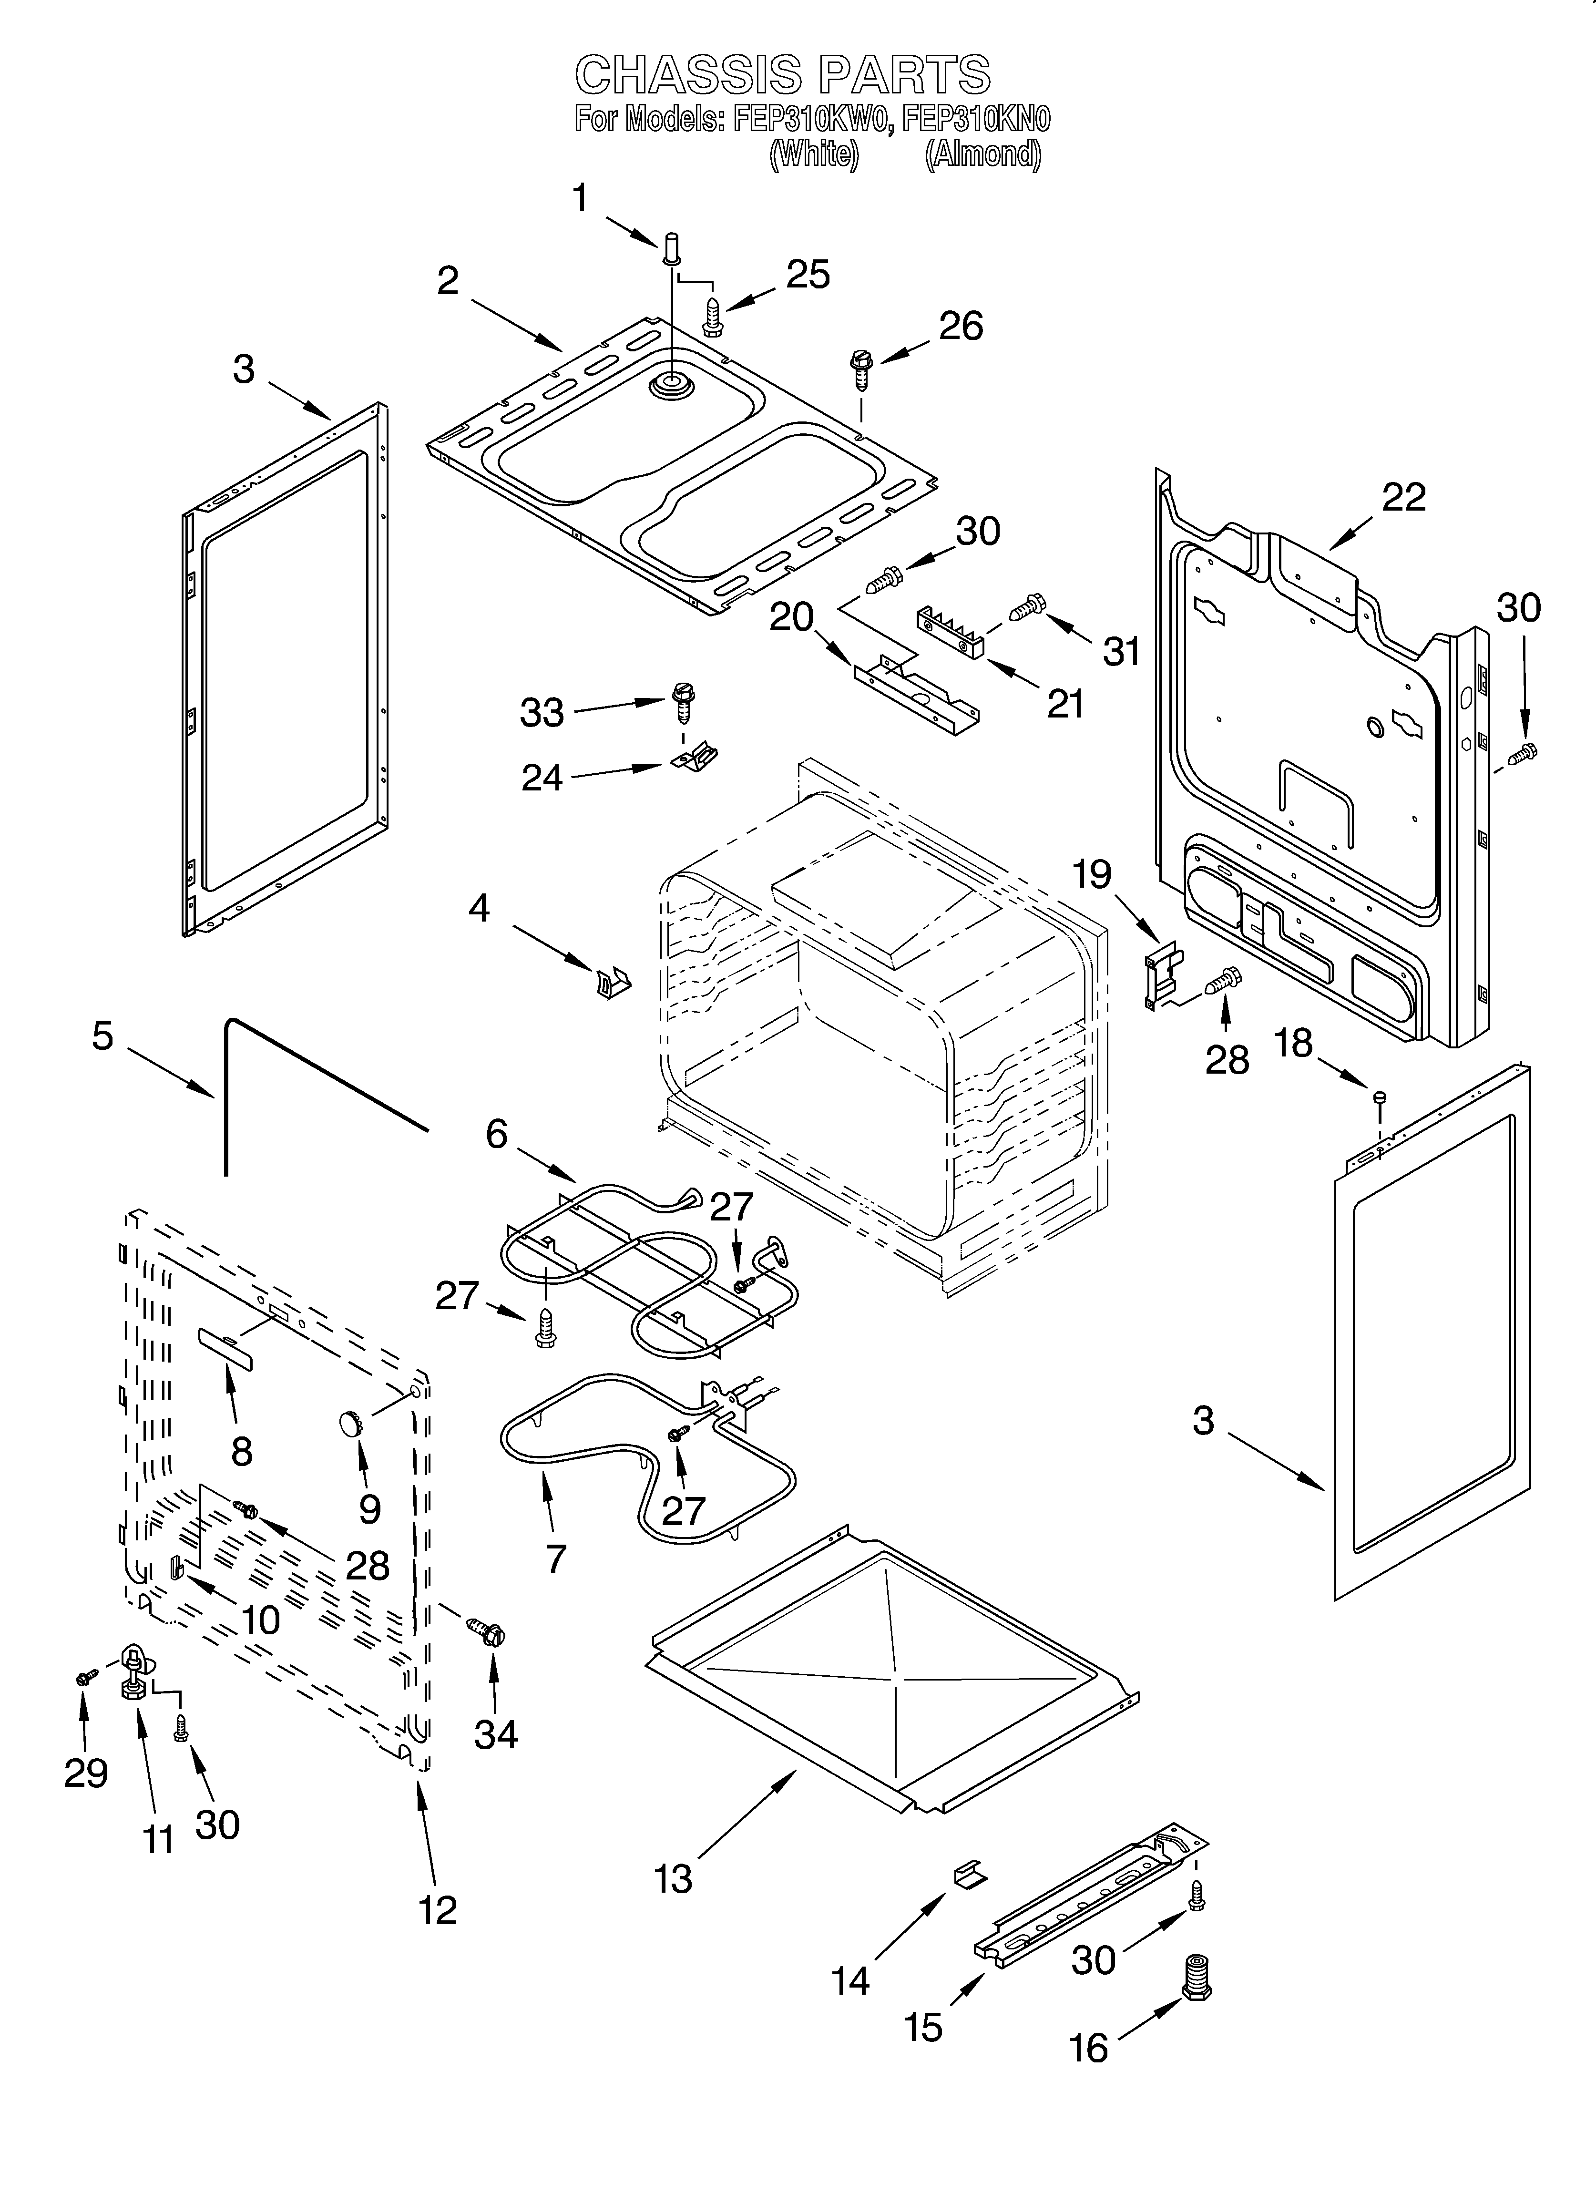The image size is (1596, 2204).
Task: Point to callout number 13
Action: tap(673, 1878)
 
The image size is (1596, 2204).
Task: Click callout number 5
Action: tap(102, 1036)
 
